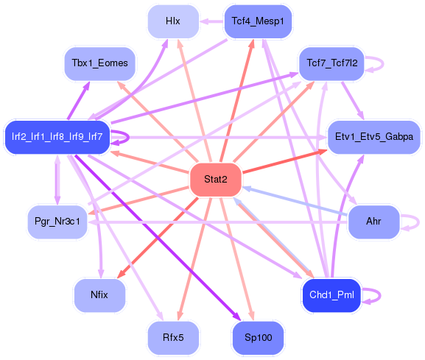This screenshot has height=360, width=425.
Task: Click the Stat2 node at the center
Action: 216,180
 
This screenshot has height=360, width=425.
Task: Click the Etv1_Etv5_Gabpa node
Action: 373,137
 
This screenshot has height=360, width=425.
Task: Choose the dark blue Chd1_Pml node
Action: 331,295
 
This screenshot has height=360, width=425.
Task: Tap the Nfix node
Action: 99,295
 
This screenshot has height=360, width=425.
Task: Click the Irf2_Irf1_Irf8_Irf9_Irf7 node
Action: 57,137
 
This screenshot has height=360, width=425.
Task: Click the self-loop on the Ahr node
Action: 410,222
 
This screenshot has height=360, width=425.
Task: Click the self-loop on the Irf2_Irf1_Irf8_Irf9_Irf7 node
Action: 122,137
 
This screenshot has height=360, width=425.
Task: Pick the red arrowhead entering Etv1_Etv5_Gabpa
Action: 323,152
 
